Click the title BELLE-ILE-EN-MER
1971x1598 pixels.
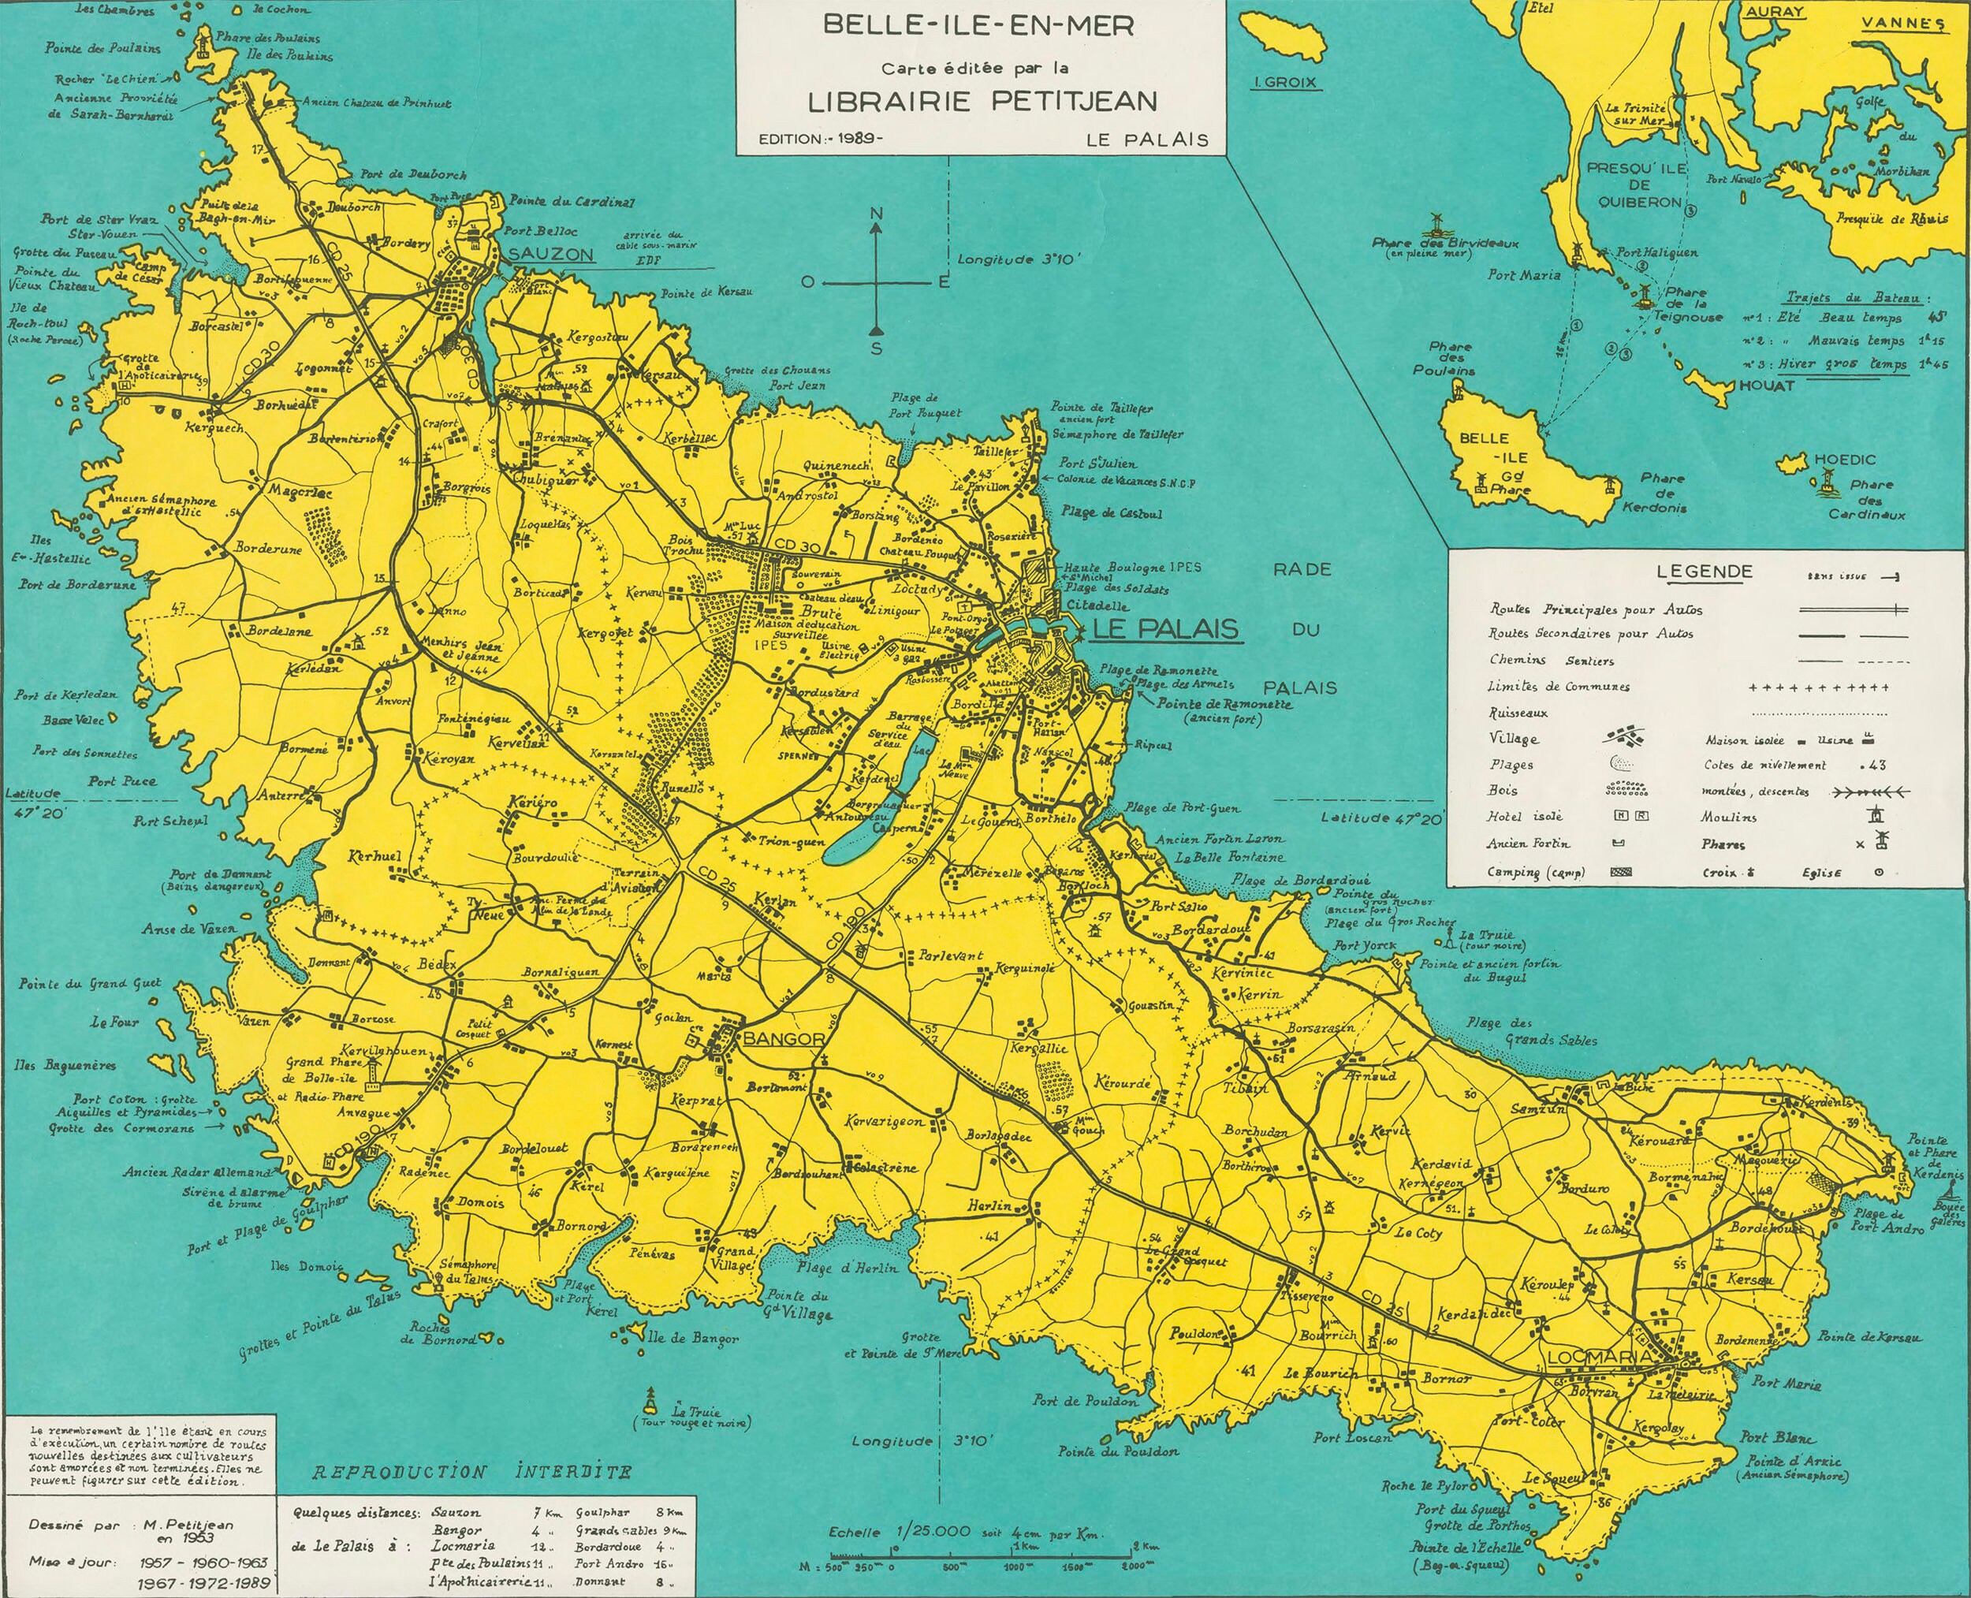978,25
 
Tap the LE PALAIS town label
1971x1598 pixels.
1164,630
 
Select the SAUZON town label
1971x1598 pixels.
550,254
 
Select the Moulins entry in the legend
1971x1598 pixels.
1730,817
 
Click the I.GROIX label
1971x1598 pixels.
1286,83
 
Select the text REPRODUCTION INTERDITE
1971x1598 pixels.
471,1472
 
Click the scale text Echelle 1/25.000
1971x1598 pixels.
899,1533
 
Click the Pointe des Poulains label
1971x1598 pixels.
102,48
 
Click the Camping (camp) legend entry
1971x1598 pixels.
1535,872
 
